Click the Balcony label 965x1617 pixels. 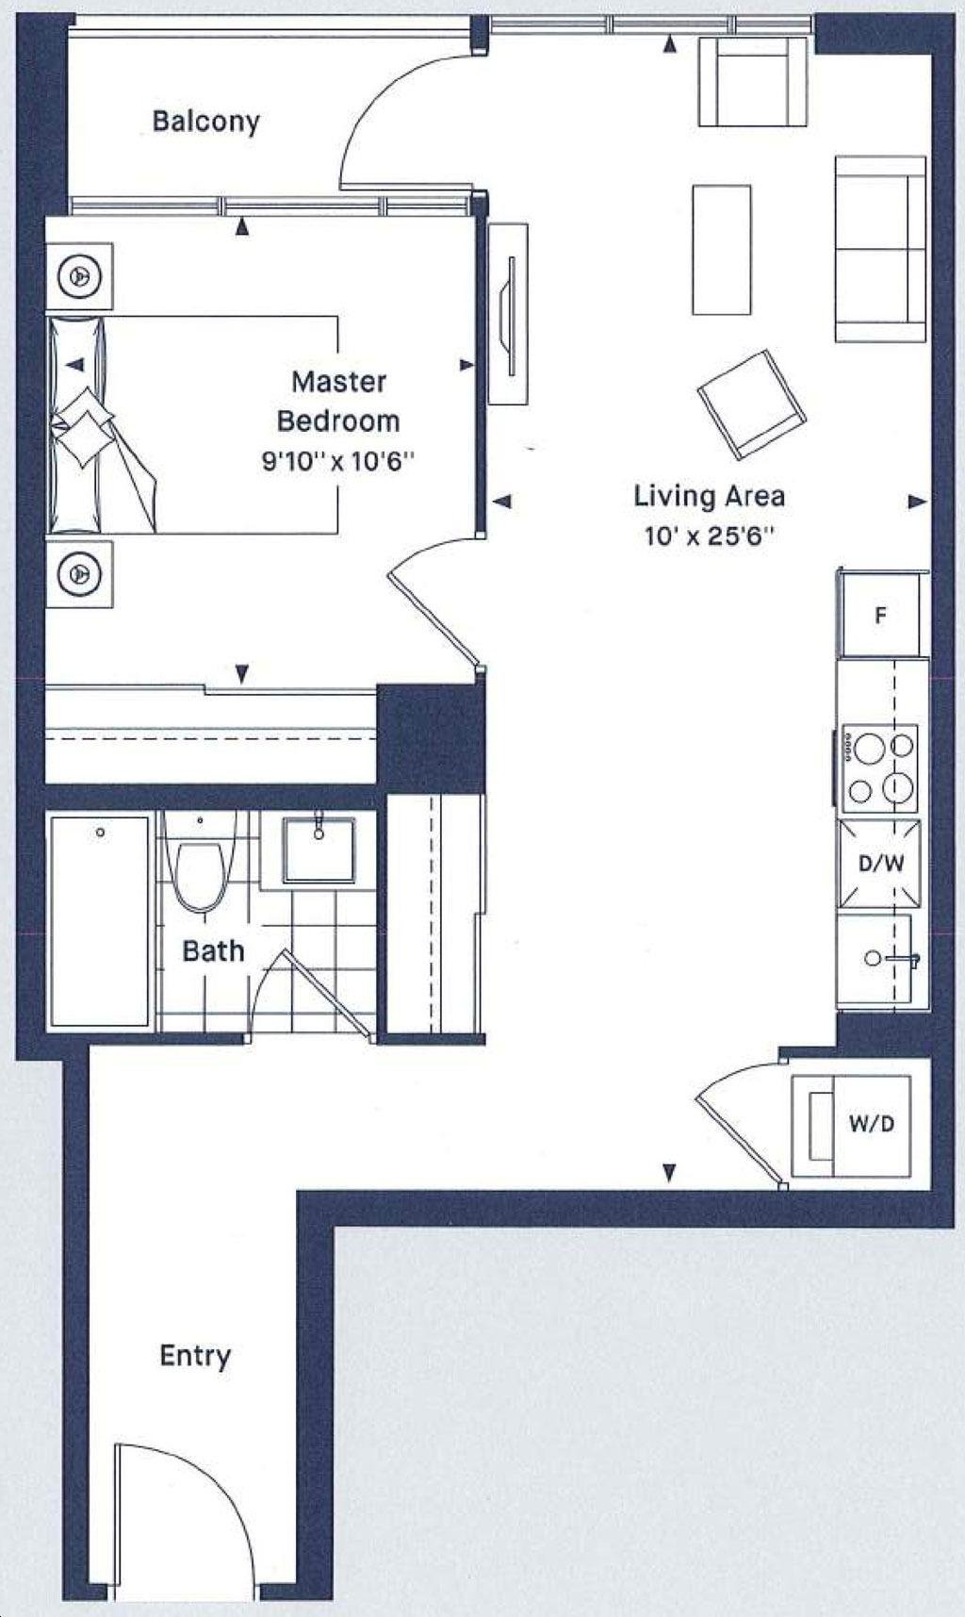(205, 122)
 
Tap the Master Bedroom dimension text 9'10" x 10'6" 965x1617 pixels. (338, 462)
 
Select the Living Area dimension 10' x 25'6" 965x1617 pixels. (709, 536)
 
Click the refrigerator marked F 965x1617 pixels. (880, 615)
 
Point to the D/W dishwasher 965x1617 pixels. (879, 863)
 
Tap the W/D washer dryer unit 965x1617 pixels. (851, 1126)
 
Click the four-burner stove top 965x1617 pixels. (878, 768)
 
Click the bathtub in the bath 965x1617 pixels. (100, 921)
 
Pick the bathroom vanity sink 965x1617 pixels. (319, 850)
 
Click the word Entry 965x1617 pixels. (195, 1356)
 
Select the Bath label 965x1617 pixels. (213, 950)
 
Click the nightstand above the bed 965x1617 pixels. (80, 276)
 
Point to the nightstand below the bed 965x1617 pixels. (80, 573)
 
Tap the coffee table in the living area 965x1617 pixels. (722, 250)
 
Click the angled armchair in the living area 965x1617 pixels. (752, 404)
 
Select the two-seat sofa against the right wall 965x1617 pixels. (880, 249)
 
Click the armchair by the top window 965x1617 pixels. (752, 82)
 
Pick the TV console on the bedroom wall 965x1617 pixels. (508, 314)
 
